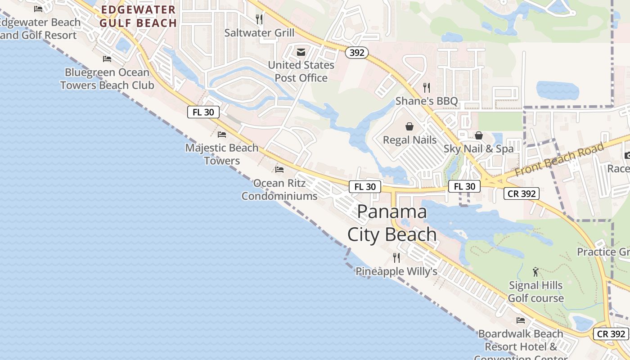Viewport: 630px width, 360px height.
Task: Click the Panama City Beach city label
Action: [x=392, y=223]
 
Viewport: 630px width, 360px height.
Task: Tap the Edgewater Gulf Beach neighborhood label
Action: [x=138, y=16]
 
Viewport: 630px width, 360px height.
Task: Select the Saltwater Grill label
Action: [x=260, y=33]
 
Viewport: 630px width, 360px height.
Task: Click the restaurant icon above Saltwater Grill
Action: [x=259, y=19]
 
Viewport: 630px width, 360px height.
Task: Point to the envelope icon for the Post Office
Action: [x=301, y=52]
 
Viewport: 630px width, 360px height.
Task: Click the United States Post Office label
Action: [x=301, y=72]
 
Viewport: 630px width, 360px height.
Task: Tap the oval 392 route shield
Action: [x=357, y=53]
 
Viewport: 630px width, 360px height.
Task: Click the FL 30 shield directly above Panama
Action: [x=365, y=187]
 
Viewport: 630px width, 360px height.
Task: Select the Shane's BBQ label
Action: [x=427, y=101]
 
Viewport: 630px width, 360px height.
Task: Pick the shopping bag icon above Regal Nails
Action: [x=409, y=126]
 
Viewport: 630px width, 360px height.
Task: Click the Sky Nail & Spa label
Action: [x=479, y=149]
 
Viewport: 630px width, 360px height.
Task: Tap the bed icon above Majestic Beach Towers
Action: [x=222, y=134]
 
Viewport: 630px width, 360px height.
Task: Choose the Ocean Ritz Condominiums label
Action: [x=279, y=189]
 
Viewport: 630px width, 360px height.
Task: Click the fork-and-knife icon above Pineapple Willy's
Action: [x=396, y=258]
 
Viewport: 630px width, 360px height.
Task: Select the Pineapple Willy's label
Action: [x=396, y=271]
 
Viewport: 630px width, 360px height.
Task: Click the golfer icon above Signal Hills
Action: [x=535, y=272]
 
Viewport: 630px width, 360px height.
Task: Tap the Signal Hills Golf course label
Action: [x=535, y=292]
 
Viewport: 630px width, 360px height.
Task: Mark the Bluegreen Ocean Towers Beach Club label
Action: [x=107, y=79]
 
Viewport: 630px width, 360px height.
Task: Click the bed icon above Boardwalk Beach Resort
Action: [x=521, y=320]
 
